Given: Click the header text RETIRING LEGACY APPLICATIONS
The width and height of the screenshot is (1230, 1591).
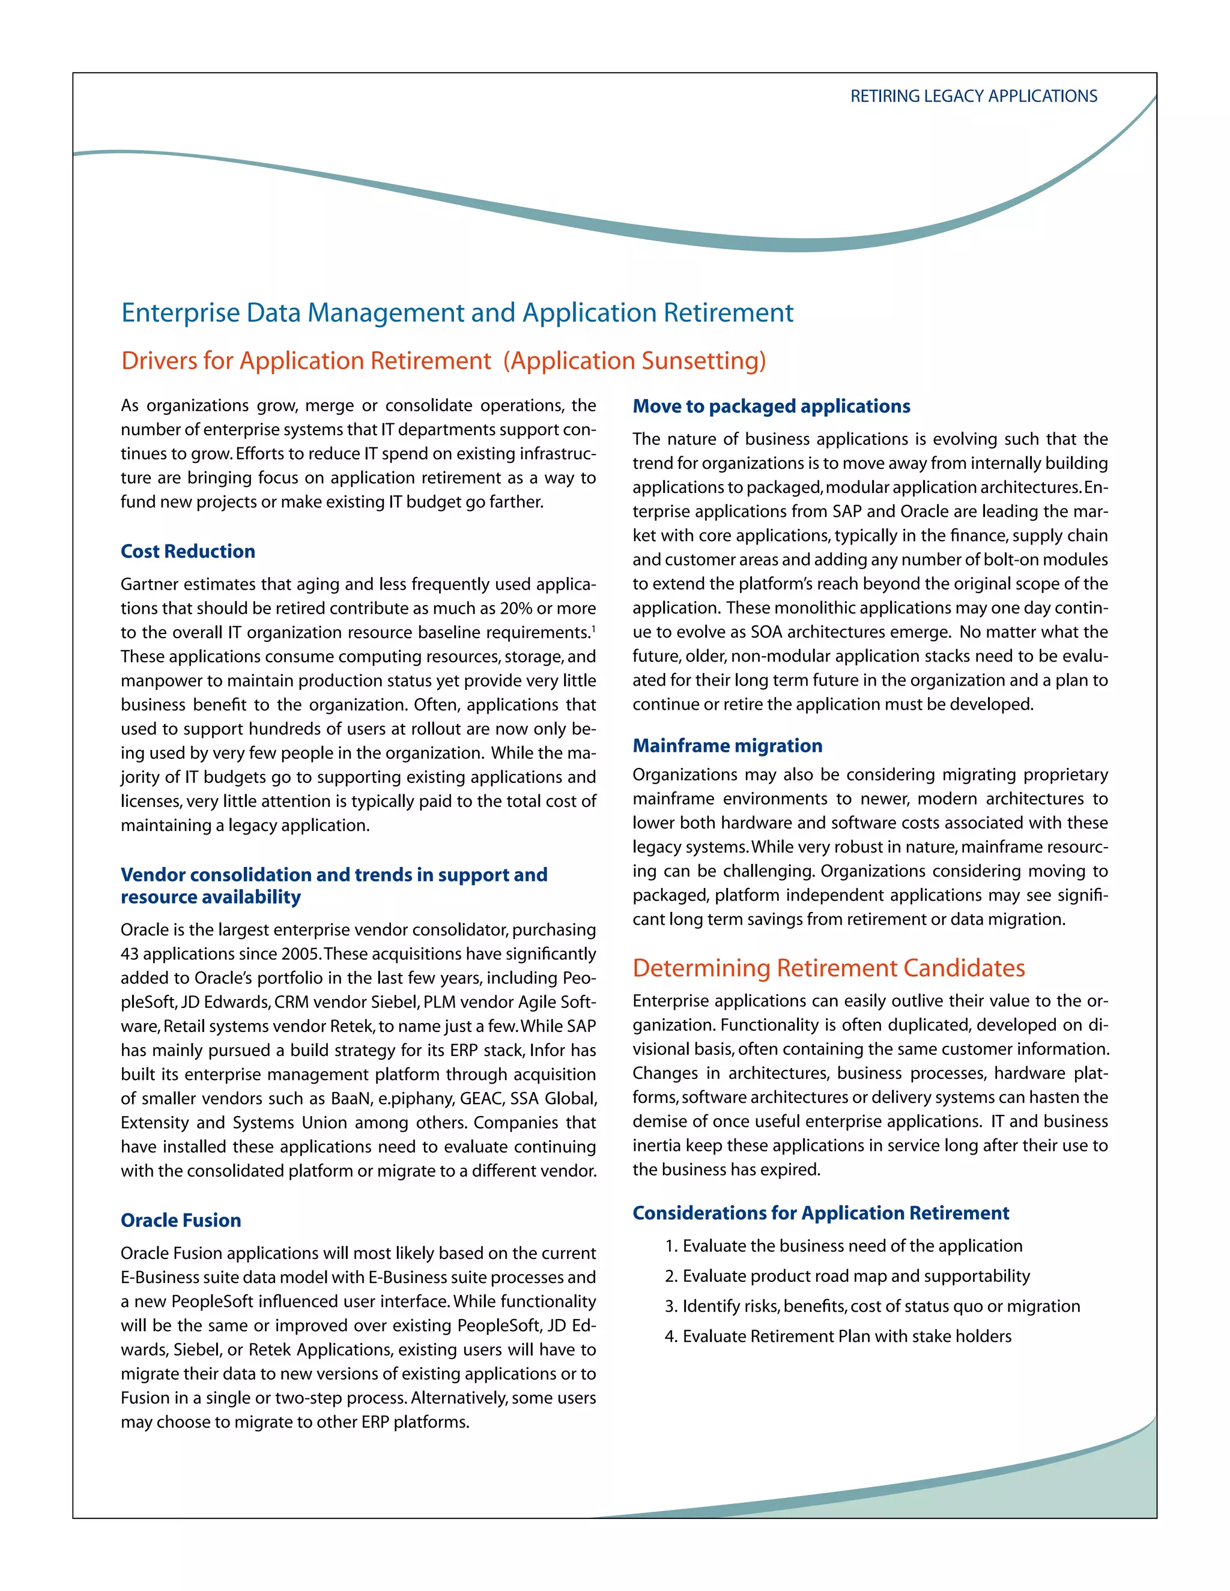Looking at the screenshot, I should click(x=973, y=96).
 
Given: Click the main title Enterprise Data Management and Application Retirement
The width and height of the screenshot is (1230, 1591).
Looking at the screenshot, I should click(x=457, y=313).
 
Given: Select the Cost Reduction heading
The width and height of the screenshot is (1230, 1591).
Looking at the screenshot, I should click(x=188, y=552).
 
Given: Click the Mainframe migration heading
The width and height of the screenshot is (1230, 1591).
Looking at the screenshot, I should click(x=727, y=745).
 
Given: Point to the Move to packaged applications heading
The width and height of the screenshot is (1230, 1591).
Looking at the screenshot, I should click(x=771, y=406).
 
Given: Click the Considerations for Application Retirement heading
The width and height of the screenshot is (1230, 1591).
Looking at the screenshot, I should click(x=820, y=1213).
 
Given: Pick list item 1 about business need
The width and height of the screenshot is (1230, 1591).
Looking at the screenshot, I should click(x=844, y=1246).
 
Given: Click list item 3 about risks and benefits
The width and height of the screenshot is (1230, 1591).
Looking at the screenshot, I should click(x=872, y=1306).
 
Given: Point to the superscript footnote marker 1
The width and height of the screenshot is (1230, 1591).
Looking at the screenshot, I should click(x=593, y=629).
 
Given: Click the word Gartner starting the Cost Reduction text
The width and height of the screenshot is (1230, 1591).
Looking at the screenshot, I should click(x=150, y=584).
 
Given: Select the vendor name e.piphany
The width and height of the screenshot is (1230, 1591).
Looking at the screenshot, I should click(x=416, y=1099).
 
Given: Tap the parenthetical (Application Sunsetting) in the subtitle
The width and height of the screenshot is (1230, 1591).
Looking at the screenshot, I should click(x=634, y=361).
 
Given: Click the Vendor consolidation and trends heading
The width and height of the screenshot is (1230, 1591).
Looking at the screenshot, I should click(x=334, y=885).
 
